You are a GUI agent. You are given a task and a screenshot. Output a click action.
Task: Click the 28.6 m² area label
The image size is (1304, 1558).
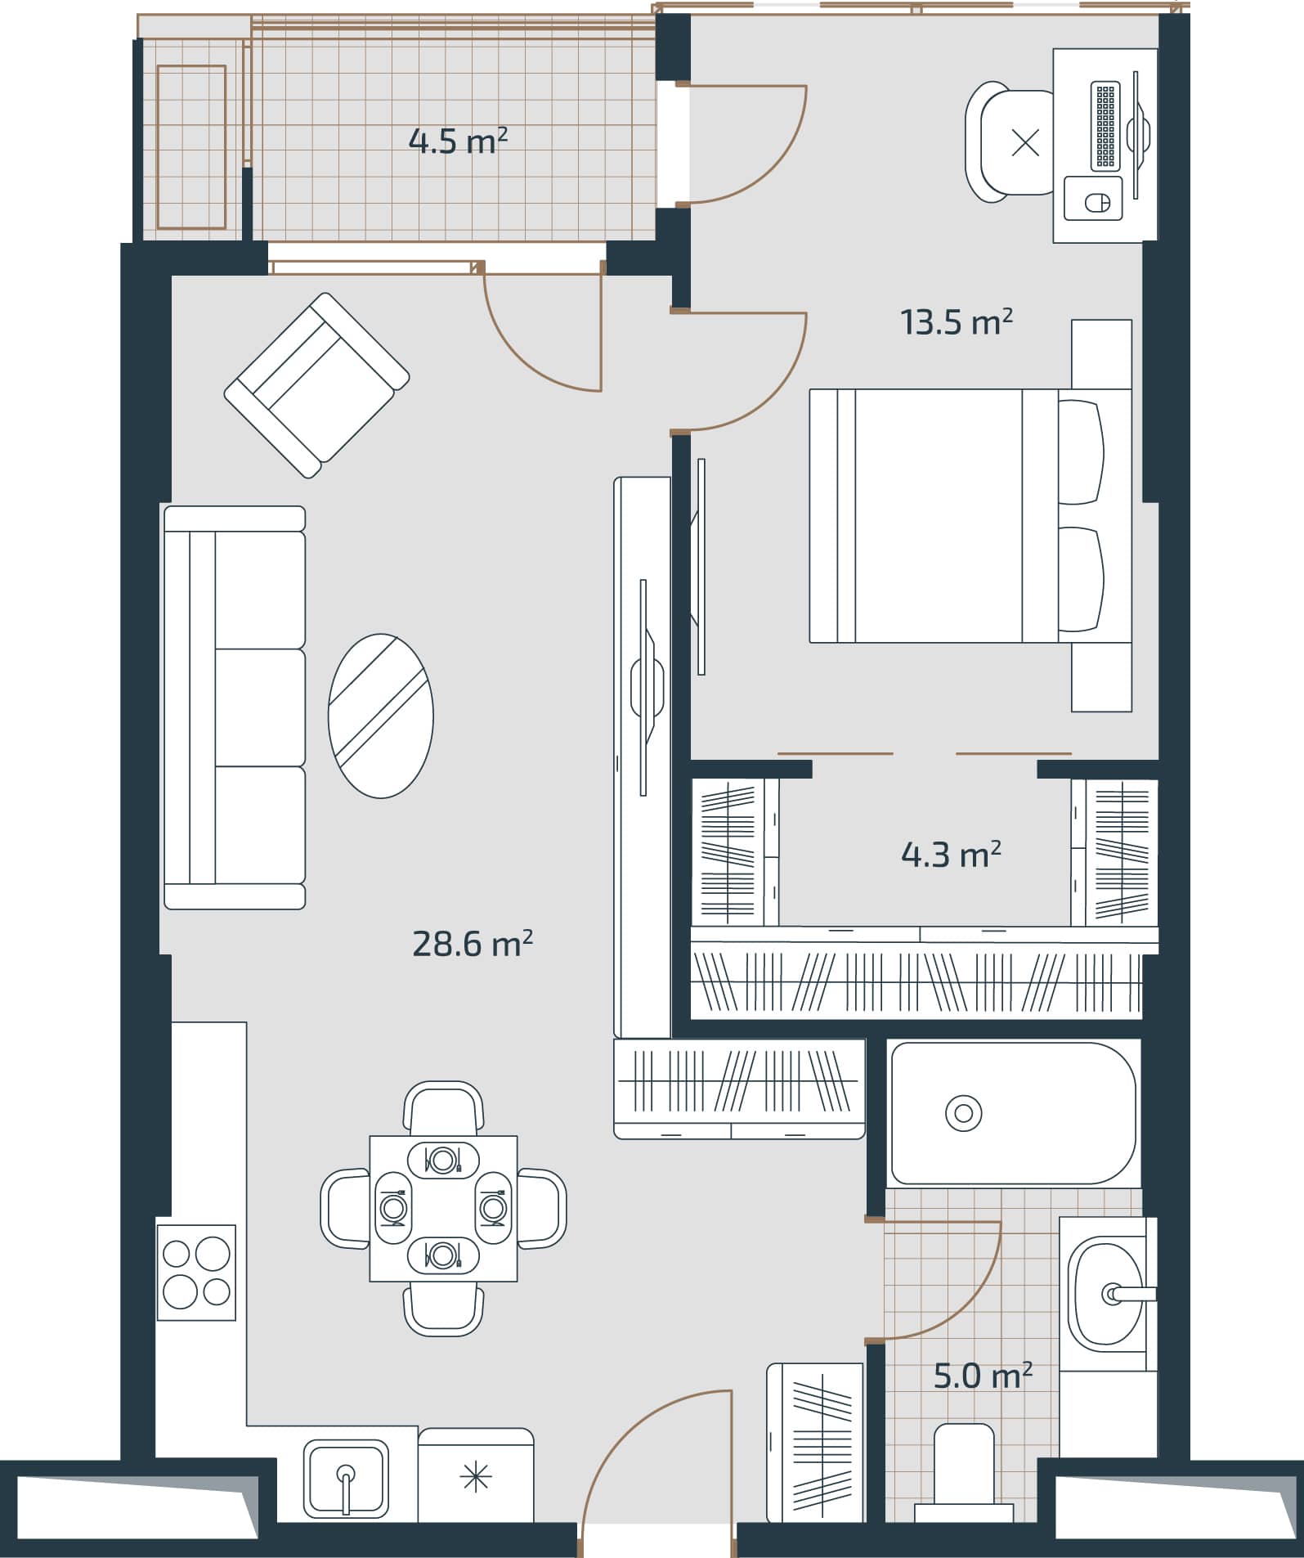pyautogui.click(x=473, y=945)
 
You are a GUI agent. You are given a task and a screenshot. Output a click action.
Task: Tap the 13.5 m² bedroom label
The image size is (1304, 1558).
pyautogui.click(x=957, y=322)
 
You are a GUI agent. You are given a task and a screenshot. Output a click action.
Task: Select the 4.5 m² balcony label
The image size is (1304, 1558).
pyautogui.click(x=458, y=141)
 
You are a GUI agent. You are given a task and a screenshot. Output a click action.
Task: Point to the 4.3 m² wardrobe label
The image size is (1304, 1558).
pyautogui.click(x=951, y=855)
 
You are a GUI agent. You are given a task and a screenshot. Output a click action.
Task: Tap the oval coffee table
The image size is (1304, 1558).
pyautogui.click(x=380, y=716)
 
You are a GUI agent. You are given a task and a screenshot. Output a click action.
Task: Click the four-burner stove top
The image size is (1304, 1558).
pyautogui.click(x=196, y=1272)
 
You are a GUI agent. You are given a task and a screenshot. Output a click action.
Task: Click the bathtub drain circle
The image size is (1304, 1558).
pyautogui.click(x=963, y=1113)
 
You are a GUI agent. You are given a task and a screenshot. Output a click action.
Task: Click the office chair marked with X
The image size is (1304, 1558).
pyautogui.click(x=1014, y=142)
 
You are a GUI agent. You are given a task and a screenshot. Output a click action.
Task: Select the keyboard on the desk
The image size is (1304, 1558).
pyautogui.click(x=1105, y=126)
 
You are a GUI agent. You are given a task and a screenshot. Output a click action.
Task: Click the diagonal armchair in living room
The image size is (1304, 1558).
pyautogui.click(x=317, y=384)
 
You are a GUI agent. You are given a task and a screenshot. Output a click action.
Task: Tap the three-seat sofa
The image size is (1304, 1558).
pyautogui.click(x=235, y=707)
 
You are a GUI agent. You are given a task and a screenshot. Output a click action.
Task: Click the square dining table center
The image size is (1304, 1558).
pyautogui.click(x=443, y=1208)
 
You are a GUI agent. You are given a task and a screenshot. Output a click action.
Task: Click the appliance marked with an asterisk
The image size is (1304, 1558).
pyautogui.click(x=476, y=1477)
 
